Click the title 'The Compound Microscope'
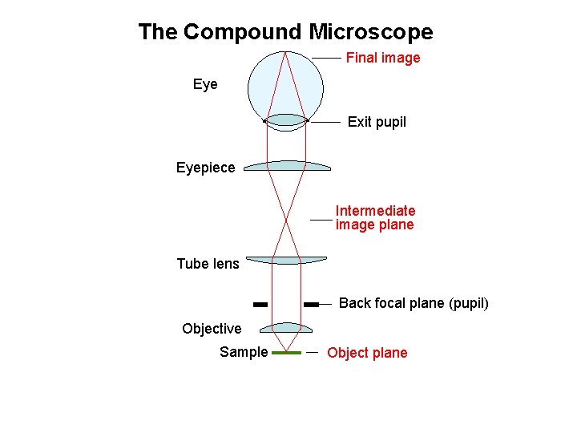pos(285,32)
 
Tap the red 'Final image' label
pos(382,58)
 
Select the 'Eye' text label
pos(205,84)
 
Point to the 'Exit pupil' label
pos(377,122)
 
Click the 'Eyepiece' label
pos(206,168)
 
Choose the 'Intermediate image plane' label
pos(375,217)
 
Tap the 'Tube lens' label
pos(208,264)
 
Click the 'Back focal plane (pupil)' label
pos(414,303)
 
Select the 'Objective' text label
pos(212,329)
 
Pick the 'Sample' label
pos(244,352)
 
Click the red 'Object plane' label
pos(367,353)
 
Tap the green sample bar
pos(286,353)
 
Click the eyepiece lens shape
pos(287,166)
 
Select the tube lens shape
pos(286,260)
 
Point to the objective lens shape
pos(286,327)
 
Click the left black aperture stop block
pos(260,305)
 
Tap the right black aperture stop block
pos(312,305)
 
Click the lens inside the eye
pos(286,120)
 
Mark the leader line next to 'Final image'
pos(326,58)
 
